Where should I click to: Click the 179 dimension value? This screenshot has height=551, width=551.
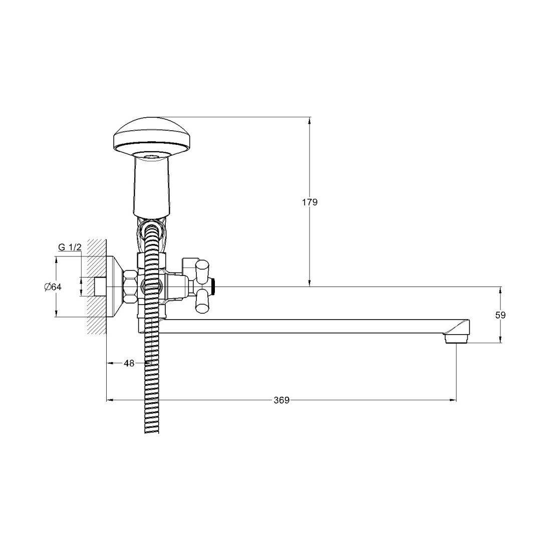[x=310, y=202]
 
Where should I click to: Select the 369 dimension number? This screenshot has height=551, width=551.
[x=282, y=400]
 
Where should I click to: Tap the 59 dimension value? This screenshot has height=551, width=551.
[x=500, y=315]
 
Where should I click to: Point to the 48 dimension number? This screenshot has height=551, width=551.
[x=129, y=363]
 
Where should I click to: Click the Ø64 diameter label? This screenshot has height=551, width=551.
[x=53, y=287]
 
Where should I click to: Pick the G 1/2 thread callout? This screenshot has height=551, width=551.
[x=70, y=247]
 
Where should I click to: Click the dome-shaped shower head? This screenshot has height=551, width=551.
[x=152, y=137]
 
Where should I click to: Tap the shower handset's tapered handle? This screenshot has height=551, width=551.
[x=153, y=186]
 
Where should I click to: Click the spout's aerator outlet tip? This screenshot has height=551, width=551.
[x=456, y=339]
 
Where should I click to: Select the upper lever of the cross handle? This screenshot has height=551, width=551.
[x=202, y=271]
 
